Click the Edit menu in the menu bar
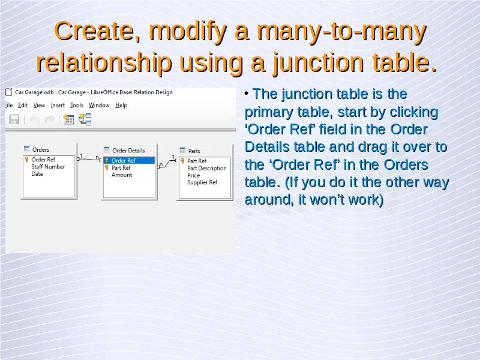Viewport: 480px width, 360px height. tap(23, 106)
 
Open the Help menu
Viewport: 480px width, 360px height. tap(121, 106)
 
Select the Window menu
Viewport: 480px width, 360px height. tap(99, 106)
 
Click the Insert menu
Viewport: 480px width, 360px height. tap(58, 106)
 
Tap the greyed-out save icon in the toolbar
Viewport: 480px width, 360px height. tap(14, 119)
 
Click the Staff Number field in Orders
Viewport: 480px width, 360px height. tap(48, 167)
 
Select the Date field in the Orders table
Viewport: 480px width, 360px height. tap(37, 174)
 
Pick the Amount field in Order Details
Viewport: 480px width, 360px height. tap(122, 175)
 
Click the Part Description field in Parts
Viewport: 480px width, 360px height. tap(206, 169)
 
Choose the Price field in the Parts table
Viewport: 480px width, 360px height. tap(193, 175)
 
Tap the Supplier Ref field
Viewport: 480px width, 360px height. tap(202, 182)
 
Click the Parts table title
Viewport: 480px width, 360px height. tap(194, 151)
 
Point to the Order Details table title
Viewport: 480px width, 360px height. tap(128, 151)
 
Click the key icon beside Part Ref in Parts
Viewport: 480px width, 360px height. tap(182, 161)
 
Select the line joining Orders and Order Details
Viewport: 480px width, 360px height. tap(89, 159)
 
